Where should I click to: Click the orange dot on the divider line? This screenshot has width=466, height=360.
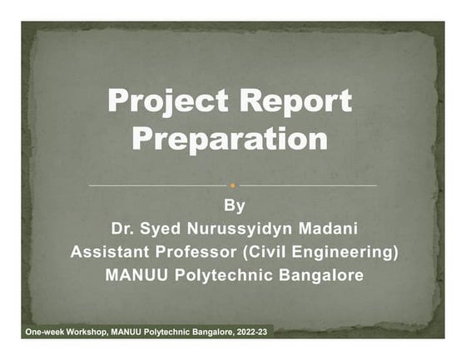click(x=233, y=185)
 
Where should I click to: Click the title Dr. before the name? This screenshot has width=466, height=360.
click(x=124, y=229)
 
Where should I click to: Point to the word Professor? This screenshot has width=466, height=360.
click(x=201, y=252)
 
